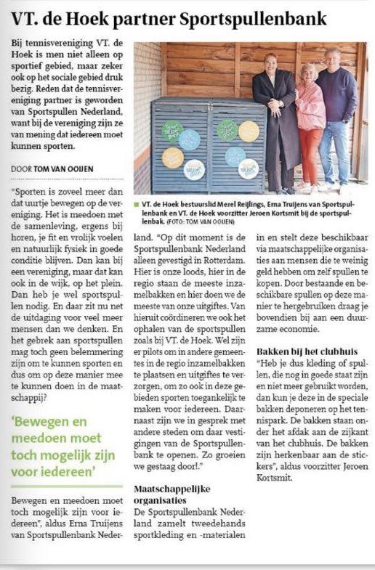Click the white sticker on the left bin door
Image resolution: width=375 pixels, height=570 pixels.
[195, 170]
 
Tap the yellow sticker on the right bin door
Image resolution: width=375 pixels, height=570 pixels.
[249, 131]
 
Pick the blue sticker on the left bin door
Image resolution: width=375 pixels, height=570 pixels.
[190, 139]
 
